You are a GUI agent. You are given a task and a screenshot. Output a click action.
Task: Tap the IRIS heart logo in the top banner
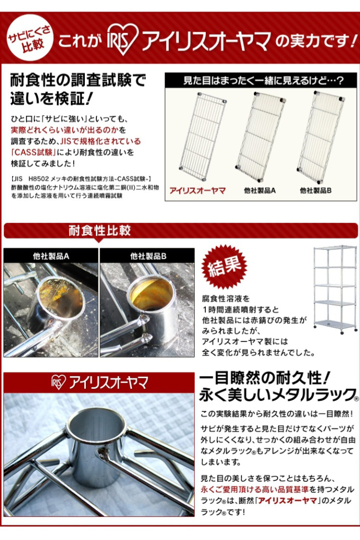coord(122,40)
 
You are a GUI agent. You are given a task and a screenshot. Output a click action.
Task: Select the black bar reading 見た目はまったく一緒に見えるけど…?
coord(261,80)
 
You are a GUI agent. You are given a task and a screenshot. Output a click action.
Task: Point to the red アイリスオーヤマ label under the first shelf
coord(197,190)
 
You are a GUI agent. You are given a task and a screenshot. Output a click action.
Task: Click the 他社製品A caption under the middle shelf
coord(260,190)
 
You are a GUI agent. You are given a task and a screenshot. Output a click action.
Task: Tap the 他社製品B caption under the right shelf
coord(316,190)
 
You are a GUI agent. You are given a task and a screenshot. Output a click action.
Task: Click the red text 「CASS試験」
coord(33,152)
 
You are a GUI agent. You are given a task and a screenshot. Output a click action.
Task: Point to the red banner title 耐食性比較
coord(99,231)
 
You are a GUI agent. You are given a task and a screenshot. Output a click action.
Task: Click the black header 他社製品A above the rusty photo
coord(51,256)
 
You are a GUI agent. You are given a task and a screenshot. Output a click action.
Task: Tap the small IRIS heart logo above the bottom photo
coord(59,382)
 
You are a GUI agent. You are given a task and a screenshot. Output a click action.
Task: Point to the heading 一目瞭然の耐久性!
coord(265,379)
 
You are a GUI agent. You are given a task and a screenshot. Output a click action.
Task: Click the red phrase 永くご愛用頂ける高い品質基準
coord(255,489)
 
